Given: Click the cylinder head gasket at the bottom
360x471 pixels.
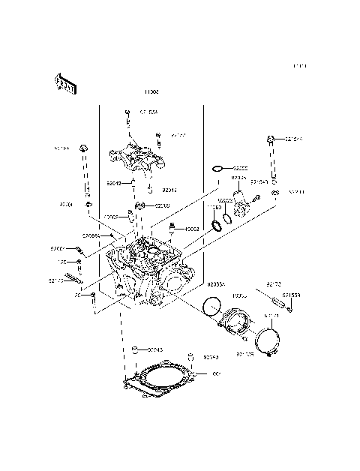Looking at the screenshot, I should click(x=158, y=379).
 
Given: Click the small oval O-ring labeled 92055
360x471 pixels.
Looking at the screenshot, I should click(x=218, y=169).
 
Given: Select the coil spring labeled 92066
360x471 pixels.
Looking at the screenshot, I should click(x=139, y=205).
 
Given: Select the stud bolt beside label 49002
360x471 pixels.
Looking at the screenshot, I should click(x=172, y=227).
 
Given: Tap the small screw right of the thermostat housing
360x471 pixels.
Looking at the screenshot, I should click(x=257, y=197).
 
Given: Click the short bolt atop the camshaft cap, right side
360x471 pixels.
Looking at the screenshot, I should click(x=158, y=138).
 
